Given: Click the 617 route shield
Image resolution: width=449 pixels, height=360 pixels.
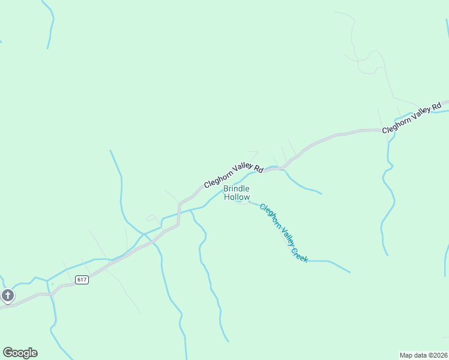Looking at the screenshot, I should (x=82, y=280).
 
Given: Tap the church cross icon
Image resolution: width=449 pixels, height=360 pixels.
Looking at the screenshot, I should (x=7, y=295).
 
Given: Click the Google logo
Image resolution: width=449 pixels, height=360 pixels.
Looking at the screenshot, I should (x=20, y=353).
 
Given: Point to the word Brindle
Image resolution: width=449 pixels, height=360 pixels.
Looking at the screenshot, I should (x=237, y=188).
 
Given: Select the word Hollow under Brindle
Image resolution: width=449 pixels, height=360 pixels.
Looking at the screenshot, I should (x=237, y=197).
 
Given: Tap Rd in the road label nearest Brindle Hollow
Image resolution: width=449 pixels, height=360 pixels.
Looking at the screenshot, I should (x=259, y=169).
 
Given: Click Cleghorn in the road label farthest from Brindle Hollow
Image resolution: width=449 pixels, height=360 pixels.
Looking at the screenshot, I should (x=397, y=125).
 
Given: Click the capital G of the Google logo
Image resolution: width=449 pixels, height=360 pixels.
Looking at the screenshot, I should (x=7, y=353).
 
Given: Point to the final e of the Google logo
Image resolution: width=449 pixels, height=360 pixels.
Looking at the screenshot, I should (x=34, y=353).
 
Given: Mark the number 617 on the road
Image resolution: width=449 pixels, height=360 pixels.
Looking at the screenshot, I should (x=82, y=280).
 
